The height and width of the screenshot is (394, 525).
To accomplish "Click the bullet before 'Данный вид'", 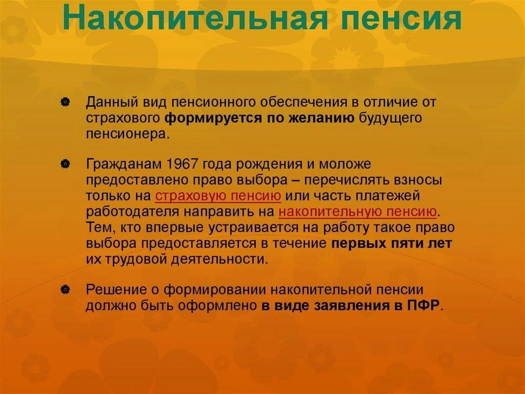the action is [x=65, y=102].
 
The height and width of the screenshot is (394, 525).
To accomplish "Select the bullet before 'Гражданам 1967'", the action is [x=65, y=164].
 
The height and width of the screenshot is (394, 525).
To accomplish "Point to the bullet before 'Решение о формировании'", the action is [x=65, y=289].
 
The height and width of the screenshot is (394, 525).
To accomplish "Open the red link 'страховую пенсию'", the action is [x=218, y=196].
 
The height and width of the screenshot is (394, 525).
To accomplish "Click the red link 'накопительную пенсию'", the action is [x=357, y=212].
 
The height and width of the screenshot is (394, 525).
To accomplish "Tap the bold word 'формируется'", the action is [x=214, y=118].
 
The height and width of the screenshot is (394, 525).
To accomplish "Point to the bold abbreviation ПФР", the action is [x=423, y=306].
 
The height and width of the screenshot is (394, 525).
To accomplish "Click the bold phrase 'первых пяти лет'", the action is [x=392, y=243].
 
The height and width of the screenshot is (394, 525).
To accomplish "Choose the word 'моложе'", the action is [x=345, y=164].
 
